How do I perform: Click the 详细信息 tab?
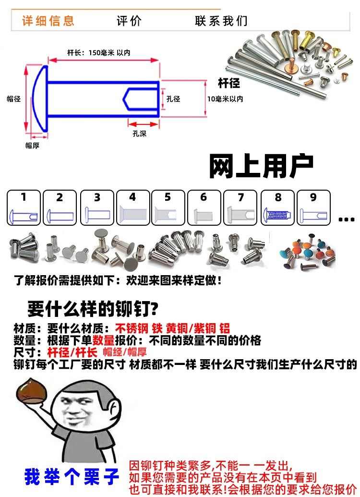point(48,21)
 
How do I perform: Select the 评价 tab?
point(129,21)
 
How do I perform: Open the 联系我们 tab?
point(221,21)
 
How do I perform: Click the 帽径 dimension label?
point(13,99)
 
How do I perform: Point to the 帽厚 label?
point(32,145)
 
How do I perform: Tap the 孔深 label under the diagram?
point(139,134)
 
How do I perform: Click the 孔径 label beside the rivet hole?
point(173,99)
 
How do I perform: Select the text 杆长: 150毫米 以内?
point(98,53)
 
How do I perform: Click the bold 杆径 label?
point(229,83)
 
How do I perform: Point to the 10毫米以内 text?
point(225,99)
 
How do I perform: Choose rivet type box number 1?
point(24,207)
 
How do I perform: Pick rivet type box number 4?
point(133,207)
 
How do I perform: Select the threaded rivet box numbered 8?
point(277,207)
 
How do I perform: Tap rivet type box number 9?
point(313,207)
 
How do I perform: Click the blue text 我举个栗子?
point(72,476)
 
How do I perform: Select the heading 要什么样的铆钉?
point(93,309)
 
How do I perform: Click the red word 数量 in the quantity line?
point(103,340)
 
